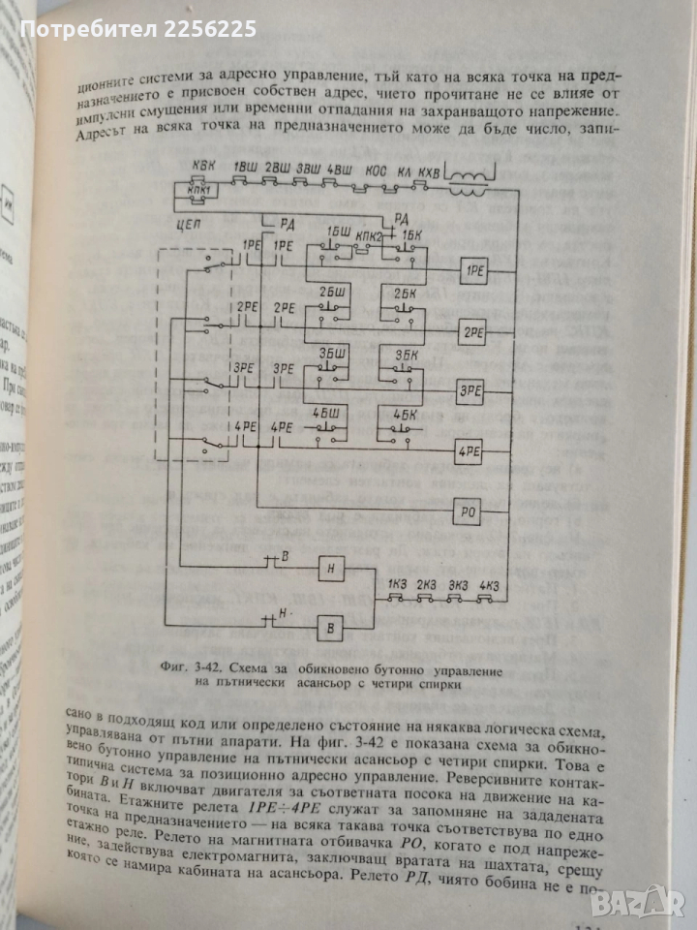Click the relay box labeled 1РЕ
(x=475, y=270)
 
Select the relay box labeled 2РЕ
(x=474, y=331)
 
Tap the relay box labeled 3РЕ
(x=472, y=390)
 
